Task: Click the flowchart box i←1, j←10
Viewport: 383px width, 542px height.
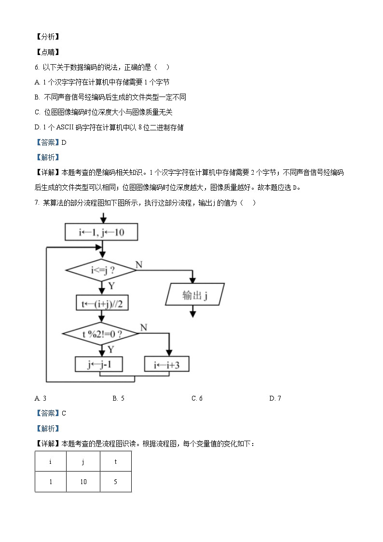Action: point(101,233)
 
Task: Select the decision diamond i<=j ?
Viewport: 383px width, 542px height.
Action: point(101,270)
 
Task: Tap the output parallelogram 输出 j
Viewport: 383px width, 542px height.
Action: point(194,294)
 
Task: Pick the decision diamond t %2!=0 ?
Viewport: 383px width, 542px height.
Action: point(101,334)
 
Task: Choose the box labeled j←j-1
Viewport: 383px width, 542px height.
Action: point(99,364)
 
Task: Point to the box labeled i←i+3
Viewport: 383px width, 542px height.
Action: point(167,364)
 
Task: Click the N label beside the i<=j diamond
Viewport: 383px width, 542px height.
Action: point(139,264)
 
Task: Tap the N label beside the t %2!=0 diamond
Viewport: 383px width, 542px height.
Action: point(143,328)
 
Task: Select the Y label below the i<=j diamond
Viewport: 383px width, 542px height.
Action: point(111,286)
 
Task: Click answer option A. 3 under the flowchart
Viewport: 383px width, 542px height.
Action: point(41,398)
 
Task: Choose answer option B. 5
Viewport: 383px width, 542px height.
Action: point(119,398)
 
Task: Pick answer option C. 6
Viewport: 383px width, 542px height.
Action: point(197,398)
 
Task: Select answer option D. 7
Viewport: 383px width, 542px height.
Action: point(275,398)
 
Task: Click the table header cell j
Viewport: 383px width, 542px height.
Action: point(83,462)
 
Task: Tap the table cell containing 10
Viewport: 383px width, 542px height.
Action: point(83,482)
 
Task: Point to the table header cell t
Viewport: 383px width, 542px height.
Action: point(116,462)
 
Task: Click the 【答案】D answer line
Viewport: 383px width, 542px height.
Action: point(50,142)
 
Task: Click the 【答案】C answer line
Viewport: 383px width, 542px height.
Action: point(50,413)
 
